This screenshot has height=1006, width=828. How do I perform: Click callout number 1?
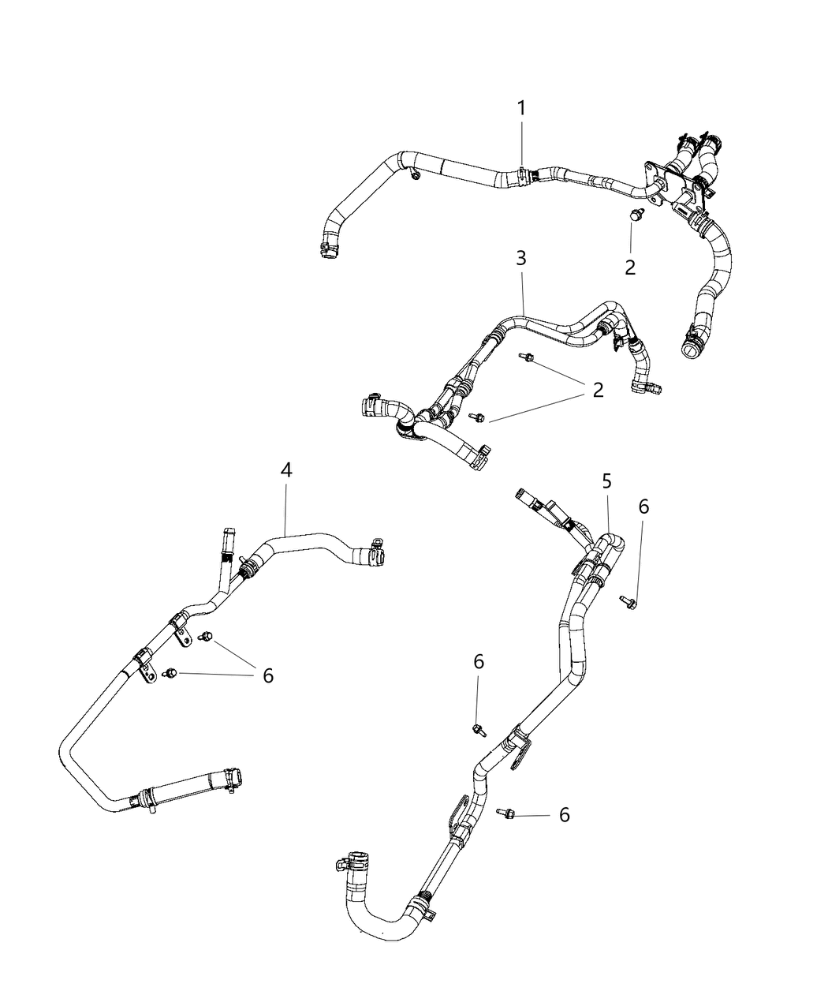coord(521,108)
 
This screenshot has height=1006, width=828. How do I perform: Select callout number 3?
coord(521,258)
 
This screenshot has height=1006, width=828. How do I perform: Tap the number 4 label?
coord(286,470)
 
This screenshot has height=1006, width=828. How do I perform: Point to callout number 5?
coord(606,481)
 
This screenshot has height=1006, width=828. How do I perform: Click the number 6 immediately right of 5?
coord(643,507)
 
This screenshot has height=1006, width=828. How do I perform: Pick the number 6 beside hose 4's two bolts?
coord(268,675)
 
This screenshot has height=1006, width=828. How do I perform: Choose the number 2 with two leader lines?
coord(598,390)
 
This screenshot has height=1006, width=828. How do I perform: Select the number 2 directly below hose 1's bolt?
coord(629,267)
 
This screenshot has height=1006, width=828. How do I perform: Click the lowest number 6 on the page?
coord(564,814)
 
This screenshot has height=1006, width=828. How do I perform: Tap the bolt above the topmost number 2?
coord(636,215)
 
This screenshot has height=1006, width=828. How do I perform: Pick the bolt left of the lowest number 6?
coord(505,812)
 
